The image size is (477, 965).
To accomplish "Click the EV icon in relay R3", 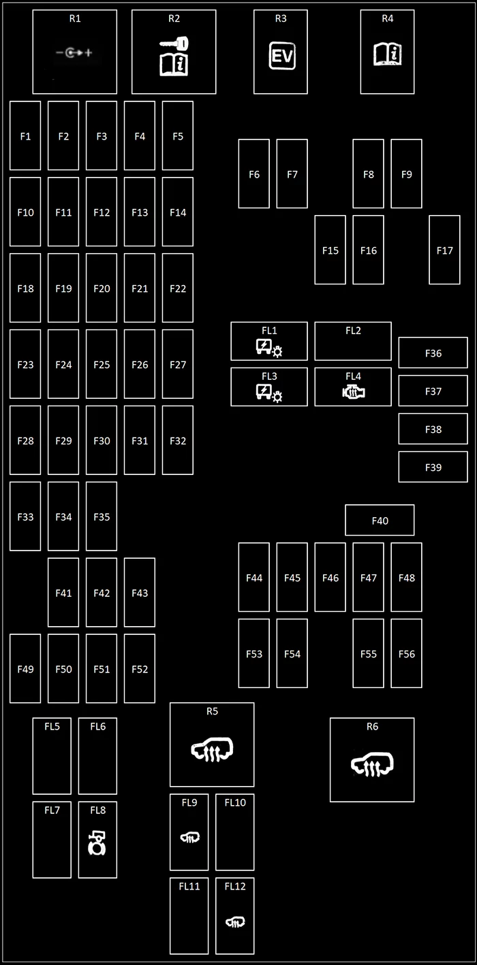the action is [x=282, y=56].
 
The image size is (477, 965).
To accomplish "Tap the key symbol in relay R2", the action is [x=174, y=43].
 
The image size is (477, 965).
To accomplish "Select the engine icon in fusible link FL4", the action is [x=354, y=392].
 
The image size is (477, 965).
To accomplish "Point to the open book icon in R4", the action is [x=388, y=54].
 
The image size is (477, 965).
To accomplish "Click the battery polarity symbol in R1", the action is [x=74, y=53].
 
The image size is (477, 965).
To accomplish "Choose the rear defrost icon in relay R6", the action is [x=372, y=764].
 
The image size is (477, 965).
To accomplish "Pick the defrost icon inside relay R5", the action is [x=212, y=749].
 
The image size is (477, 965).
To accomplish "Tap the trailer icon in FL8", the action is [x=97, y=843].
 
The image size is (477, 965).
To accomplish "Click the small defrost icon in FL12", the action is [x=235, y=921].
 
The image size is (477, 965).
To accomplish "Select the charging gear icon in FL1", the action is [x=268, y=348].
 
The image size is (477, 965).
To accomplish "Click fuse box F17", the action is [x=444, y=250].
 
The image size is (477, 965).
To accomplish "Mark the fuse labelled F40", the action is [x=380, y=520].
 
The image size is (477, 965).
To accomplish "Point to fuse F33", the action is [x=25, y=516].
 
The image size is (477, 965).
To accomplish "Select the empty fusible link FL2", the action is [x=353, y=341].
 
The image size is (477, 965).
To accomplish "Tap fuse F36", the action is [x=433, y=353].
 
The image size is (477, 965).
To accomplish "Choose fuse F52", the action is [x=139, y=668].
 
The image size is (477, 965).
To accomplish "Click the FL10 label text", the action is [x=235, y=802].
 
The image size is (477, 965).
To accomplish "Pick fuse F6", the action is [x=254, y=174].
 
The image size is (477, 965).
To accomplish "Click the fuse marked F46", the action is [x=330, y=577].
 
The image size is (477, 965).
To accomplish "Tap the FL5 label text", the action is [x=52, y=726].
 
